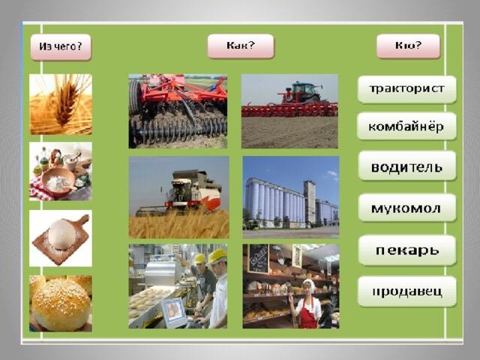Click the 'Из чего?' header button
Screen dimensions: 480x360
click(61, 47)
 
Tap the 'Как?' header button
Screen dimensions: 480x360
click(241, 46)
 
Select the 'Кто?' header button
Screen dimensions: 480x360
click(408, 46)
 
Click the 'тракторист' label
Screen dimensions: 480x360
click(406, 89)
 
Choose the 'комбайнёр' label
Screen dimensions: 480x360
click(406, 126)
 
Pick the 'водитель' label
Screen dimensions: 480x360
click(407, 166)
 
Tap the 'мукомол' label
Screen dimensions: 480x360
click(407, 208)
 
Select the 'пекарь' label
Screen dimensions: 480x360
click(407, 250)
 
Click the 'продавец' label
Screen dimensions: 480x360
click(407, 292)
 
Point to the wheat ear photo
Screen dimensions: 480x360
click(61, 104)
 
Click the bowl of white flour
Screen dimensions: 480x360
click(58, 181)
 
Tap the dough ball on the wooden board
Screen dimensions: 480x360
click(61, 235)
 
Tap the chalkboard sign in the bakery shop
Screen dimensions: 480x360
click(259, 259)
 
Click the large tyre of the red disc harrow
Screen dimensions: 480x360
click(135, 97)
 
